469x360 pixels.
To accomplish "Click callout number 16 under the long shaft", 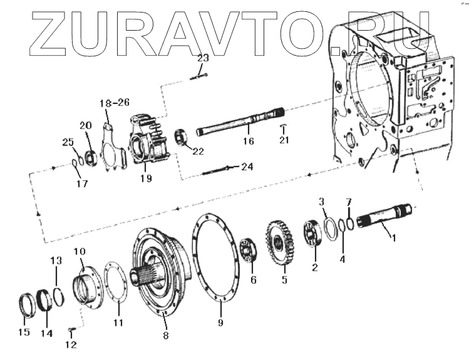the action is (249, 141).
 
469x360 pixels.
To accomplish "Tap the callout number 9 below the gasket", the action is (220, 324).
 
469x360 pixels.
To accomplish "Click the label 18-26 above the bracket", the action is (114, 102).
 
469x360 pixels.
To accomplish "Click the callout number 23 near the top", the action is (202, 58).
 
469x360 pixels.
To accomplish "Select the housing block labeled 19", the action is (147, 146).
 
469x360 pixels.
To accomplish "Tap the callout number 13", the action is (56, 260).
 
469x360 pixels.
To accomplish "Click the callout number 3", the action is (322, 202).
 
